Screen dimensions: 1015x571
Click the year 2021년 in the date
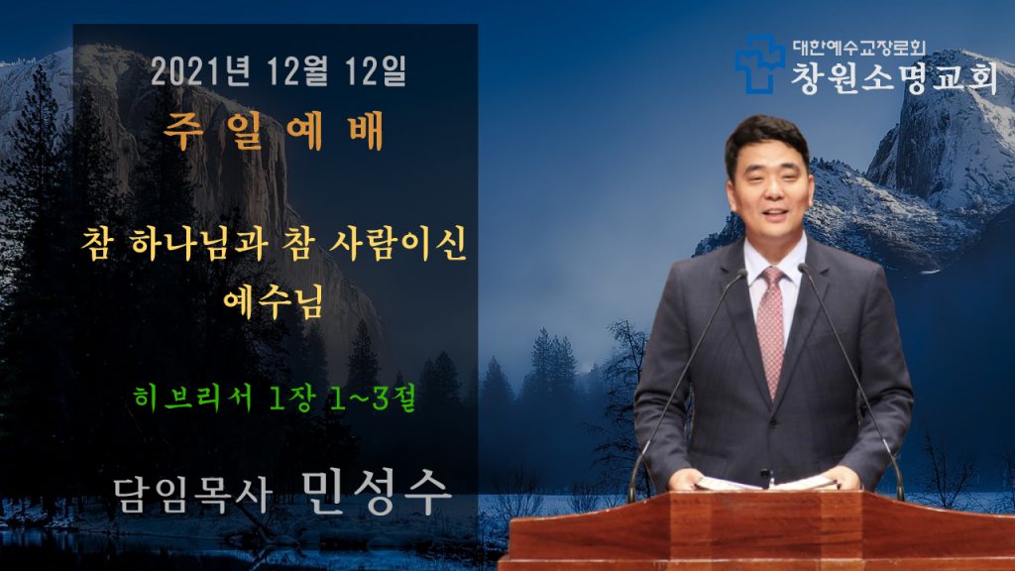pyautogui.click(x=200, y=70)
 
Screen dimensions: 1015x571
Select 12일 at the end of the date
pyautogui.click(x=376, y=70)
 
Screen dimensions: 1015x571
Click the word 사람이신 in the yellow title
pyautogui.click(x=397, y=244)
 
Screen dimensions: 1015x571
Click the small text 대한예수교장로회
pyautogui.click(x=859, y=48)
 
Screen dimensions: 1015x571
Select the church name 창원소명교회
pyautogui.click(x=894, y=78)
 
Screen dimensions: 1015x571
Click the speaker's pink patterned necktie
pyautogui.click(x=771, y=331)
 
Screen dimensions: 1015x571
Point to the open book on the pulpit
pyautogui.click(x=766, y=483)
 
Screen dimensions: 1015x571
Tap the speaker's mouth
pyautogui.click(x=775, y=213)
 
